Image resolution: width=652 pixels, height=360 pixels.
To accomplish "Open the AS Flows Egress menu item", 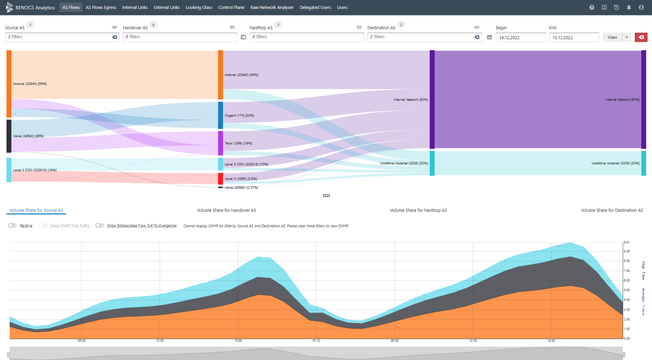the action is [101, 8].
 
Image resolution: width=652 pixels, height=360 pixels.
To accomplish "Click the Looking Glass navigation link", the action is [199, 8].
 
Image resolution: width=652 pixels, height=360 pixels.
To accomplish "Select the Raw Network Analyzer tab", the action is [272, 8].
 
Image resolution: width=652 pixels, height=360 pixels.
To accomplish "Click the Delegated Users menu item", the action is [315, 8].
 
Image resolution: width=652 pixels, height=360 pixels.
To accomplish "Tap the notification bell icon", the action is [629, 8].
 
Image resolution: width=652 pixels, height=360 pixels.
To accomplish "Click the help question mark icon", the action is [592, 8].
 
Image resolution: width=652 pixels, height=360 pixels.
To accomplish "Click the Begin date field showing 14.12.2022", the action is [521, 37].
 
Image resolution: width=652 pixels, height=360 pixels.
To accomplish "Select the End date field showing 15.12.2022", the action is [574, 37].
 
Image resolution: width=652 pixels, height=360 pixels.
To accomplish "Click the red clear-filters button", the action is [641, 37].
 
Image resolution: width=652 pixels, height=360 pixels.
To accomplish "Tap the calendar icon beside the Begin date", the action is [489, 37].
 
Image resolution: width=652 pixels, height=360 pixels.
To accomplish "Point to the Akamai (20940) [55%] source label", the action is [30, 84].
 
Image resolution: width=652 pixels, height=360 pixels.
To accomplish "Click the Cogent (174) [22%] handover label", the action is [239, 116].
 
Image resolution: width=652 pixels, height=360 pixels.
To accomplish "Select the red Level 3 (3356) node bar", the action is [221, 179].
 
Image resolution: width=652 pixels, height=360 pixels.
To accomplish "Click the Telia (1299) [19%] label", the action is [238, 143].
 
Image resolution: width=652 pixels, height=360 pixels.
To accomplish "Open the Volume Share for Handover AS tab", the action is [226, 210].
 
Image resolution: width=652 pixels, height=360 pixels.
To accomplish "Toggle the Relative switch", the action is [13, 226].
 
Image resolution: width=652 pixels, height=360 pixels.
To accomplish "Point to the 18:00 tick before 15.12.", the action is [238, 341].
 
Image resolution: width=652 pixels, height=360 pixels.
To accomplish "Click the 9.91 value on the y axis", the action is [627, 242].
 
